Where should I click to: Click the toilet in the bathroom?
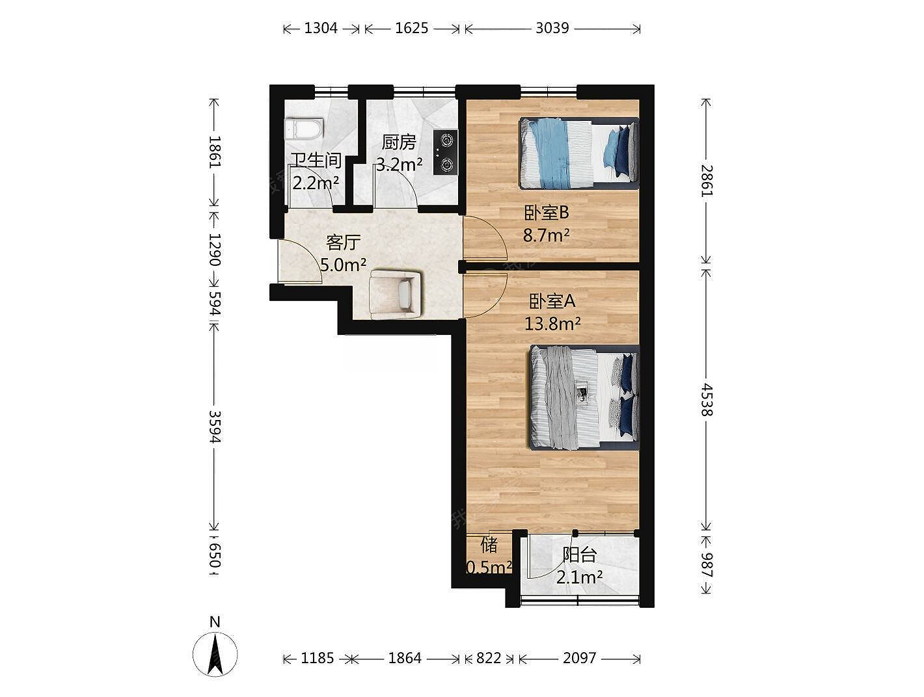coord(304,129)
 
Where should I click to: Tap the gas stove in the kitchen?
coord(445,152)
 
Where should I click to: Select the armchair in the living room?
coord(395,293)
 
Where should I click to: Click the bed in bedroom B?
coord(579,153)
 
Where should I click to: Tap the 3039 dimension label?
coord(552,28)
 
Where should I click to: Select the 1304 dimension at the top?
coord(321,28)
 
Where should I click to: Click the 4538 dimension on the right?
coord(707,400)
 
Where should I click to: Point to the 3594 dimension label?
coord(215,427)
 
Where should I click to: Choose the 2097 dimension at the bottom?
coord(580,658)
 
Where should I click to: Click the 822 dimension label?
coord(489,658)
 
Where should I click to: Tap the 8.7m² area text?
coord(547,235)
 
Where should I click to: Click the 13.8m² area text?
coord(552,324)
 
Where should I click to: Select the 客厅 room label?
coord(344,243)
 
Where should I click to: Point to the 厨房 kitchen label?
coord(399,142)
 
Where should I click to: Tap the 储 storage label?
coord(489,545)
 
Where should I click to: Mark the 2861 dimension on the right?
coord(707,181)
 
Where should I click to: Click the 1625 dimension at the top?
coord(412,28)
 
